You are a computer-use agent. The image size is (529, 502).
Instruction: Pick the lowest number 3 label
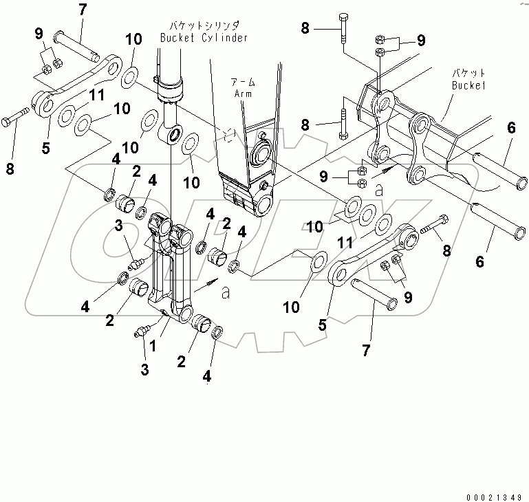[x=144, y=370]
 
